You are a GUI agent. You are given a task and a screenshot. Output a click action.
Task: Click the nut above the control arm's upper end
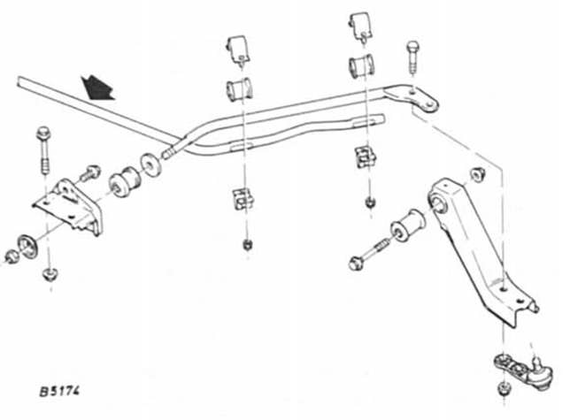[x=480, y=173]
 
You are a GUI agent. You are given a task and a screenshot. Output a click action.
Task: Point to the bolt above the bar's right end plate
[x=412, y=57]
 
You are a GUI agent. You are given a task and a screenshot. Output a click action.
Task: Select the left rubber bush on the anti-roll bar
[x=236, y=88]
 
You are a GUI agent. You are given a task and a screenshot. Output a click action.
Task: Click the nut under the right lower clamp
[x=369, y=202]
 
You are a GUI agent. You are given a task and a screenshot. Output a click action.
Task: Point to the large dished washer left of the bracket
[x=27, y=242]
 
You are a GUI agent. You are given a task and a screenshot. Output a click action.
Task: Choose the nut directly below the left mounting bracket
[x=50, y=276]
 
